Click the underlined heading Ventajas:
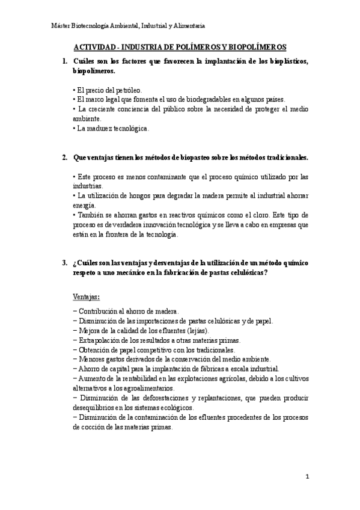pos(87,296)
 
